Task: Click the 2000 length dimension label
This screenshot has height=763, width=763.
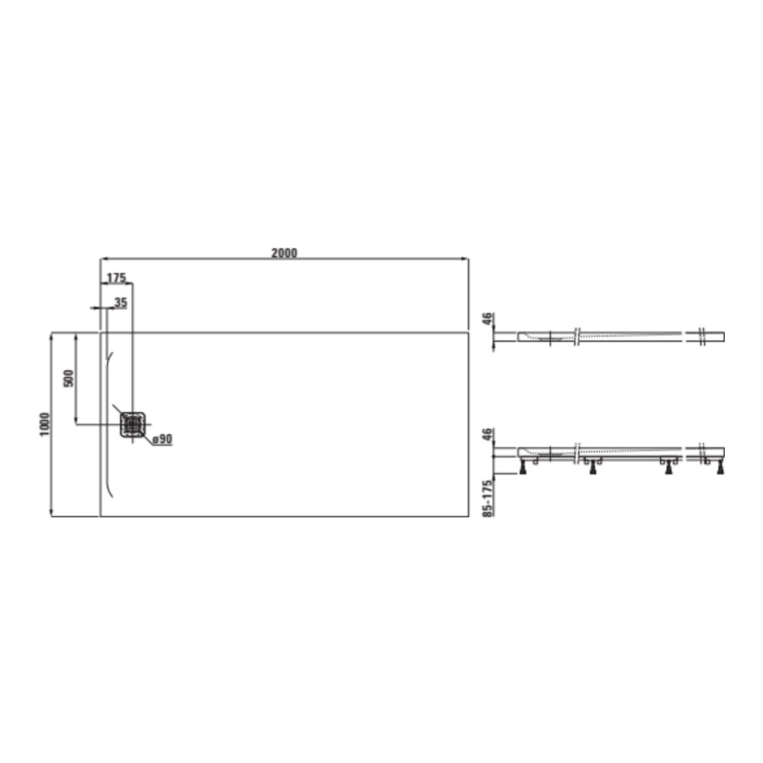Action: (x=284, y=253)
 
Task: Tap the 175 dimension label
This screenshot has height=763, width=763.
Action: (x=116, y=278)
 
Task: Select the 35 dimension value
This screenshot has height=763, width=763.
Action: (x=121, y=303)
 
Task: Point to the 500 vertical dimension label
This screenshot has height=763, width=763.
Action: (x=69, y=378)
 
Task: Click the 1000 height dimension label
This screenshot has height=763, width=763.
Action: (x=44, y=424)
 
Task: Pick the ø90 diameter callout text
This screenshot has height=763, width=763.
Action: (x=163, y=439)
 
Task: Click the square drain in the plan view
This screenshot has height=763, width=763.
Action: (x=132, y=424)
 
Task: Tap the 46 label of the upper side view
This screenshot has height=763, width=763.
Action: (x=488, y=320)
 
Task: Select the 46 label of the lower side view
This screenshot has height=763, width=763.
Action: (x=488, y=435)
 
